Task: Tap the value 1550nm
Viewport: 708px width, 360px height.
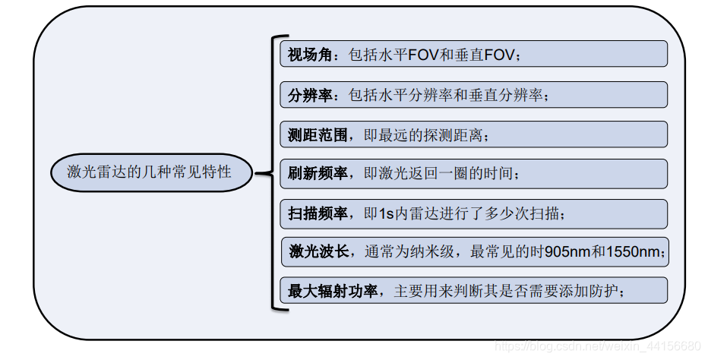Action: pyautogui.click(x=632, y=251)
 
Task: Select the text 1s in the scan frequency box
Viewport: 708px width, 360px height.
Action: pyautogui.click(x=386, y=213)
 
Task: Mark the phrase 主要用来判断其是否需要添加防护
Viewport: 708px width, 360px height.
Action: pyautogui.click(x=509, y=291)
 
